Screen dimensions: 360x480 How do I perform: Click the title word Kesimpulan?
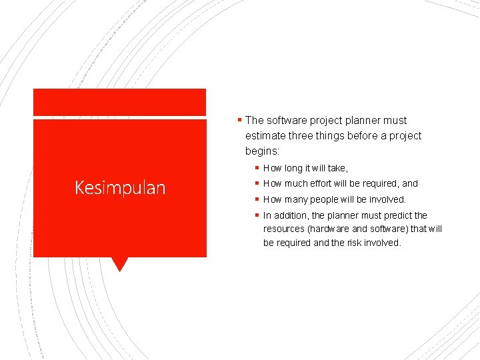pos(120,188)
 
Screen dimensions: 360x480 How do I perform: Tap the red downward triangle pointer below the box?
pos(120,264)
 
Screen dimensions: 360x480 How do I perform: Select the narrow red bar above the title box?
pos(120,102)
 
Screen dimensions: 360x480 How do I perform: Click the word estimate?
pos(265,136)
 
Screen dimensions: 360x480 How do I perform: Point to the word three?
pos(303,136)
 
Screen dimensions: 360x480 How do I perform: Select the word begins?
pos(262,151)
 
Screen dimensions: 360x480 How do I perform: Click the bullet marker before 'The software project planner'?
pos(239,120)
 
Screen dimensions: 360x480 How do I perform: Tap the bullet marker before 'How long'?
pos(257,168)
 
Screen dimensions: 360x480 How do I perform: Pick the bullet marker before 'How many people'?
pos(257,199)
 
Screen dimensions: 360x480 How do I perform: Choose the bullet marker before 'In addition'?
pos(257,215)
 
